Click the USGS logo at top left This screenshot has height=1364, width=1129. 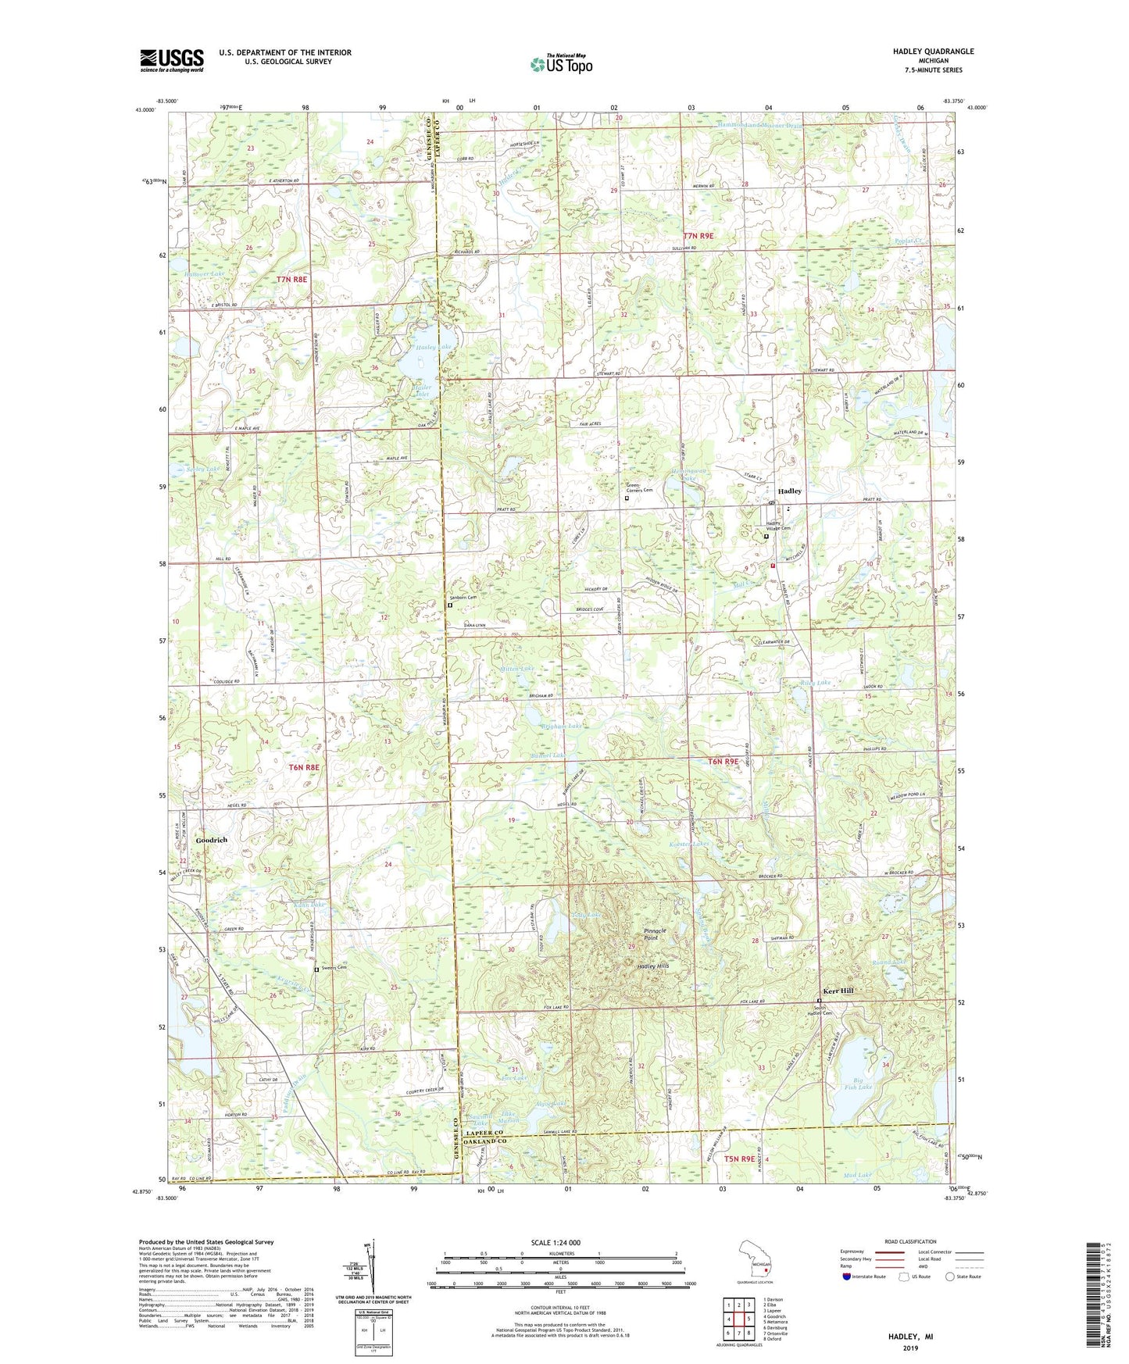171,59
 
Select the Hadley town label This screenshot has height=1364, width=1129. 789,491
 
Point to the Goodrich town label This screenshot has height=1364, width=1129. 212,840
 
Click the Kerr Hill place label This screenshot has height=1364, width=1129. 836,991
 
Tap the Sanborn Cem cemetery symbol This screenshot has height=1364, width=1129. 450,604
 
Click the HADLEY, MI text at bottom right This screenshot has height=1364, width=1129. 910,1337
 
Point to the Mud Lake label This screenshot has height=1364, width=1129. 857,1175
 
